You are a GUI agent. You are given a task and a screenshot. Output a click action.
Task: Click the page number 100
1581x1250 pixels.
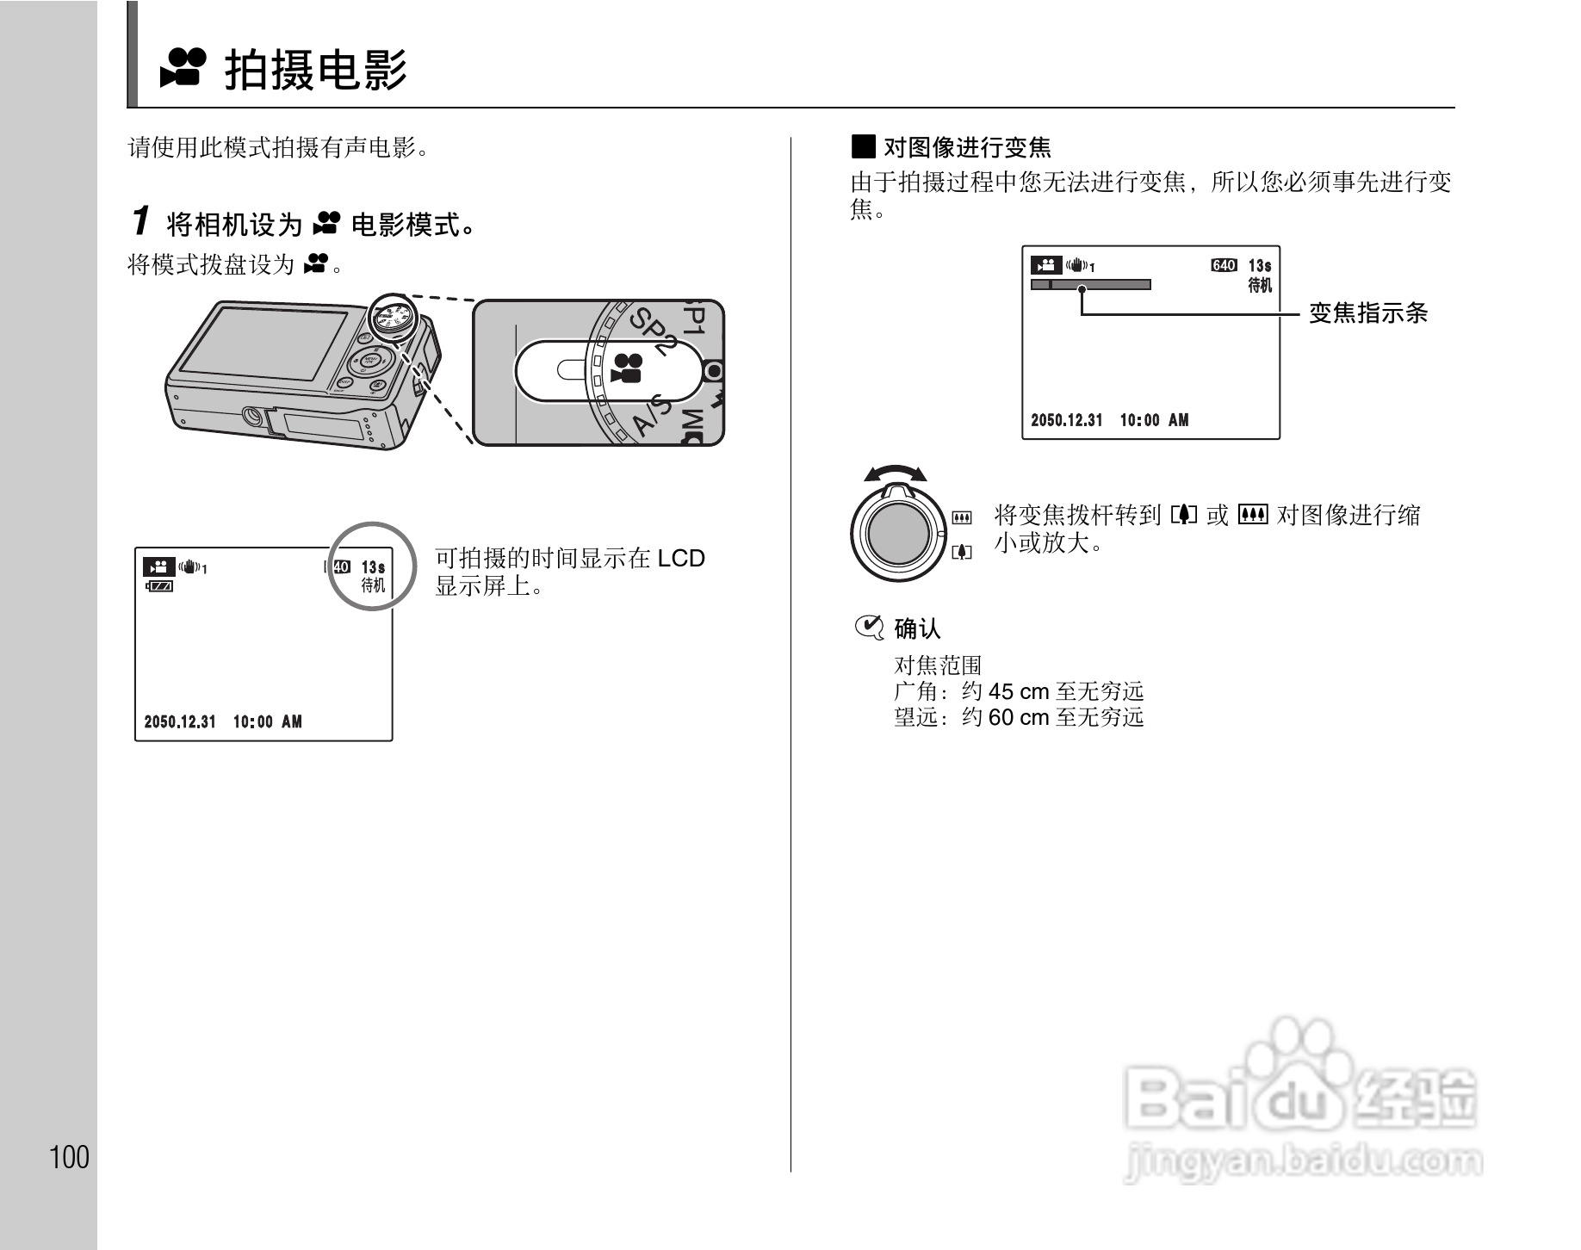point(70,1157)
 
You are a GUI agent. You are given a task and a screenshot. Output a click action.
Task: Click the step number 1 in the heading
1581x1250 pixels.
point(140,221)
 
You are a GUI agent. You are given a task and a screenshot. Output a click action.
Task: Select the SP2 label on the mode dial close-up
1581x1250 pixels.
point(652,331)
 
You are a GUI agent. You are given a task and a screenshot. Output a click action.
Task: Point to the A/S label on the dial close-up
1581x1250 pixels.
point(651,416)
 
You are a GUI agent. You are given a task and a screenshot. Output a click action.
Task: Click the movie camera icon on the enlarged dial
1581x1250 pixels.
point(627,368)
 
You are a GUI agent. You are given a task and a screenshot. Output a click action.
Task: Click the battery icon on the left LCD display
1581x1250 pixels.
point(160,586)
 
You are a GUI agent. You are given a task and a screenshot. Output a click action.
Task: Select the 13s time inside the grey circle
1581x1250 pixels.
point(373,567)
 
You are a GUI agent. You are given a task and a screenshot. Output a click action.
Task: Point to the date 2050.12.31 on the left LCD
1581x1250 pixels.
point(180,721)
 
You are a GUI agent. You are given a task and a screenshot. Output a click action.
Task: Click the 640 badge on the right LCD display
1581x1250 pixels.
point(1224,266)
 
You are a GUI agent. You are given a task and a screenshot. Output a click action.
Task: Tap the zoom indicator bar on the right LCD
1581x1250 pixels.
point(1090,285)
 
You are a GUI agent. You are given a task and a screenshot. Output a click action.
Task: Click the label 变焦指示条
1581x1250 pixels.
point(1367,313)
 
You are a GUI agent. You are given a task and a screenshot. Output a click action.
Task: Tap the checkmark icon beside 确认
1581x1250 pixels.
point(868,628)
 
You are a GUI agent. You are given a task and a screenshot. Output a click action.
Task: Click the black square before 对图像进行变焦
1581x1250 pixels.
point(863,147)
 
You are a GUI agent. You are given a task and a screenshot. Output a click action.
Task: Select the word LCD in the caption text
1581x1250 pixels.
point(680,559)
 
